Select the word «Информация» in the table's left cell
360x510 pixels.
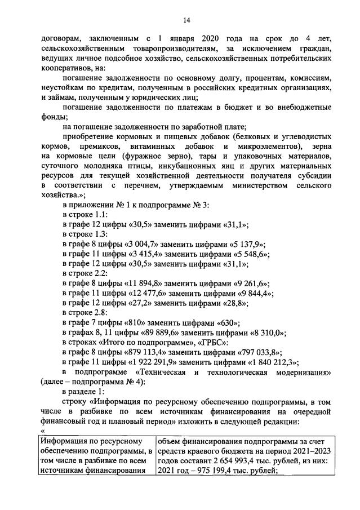coord(64,441)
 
